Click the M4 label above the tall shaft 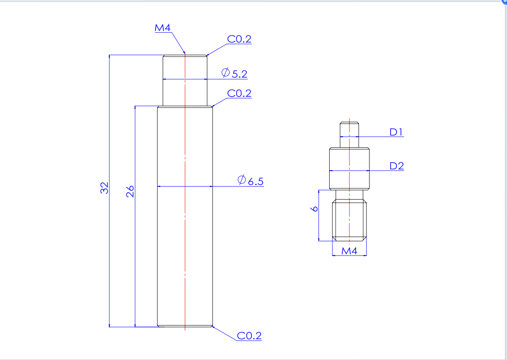162,28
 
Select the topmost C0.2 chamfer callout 239,39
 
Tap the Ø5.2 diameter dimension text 235,73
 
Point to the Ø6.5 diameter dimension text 250,181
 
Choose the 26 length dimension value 130,191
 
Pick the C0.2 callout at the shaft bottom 249,336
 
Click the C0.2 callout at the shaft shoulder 239,93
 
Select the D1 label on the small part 396,132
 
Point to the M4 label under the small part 349,251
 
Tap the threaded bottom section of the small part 350,218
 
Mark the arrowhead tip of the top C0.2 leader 206,55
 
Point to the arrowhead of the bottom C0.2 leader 212,326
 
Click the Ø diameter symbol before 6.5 241,180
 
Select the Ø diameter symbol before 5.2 225,73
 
